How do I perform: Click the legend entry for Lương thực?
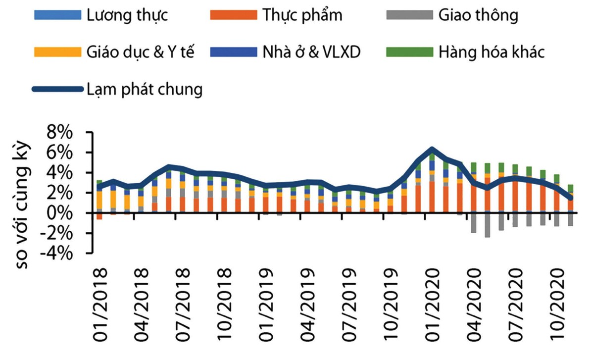point(127,15)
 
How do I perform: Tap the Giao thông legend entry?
point(478,15)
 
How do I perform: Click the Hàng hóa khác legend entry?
point(491,51)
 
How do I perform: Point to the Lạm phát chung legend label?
point(144,89)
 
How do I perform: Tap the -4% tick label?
point(58,253)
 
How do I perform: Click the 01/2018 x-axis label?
point(100,302)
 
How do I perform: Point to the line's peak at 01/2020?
point(432,149)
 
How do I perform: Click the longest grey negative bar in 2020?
point(488,225)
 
